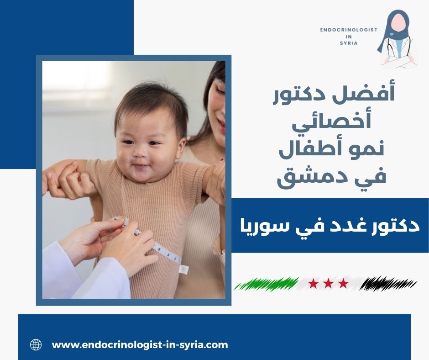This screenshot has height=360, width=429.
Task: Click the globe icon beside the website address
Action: (36, 344)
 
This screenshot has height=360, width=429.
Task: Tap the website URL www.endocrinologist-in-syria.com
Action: (140, 344)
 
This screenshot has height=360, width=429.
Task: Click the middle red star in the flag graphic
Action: (328, 284)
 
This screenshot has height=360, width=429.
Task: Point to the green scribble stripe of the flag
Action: (267, 284)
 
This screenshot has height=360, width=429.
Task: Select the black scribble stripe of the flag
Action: (388, 284)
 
